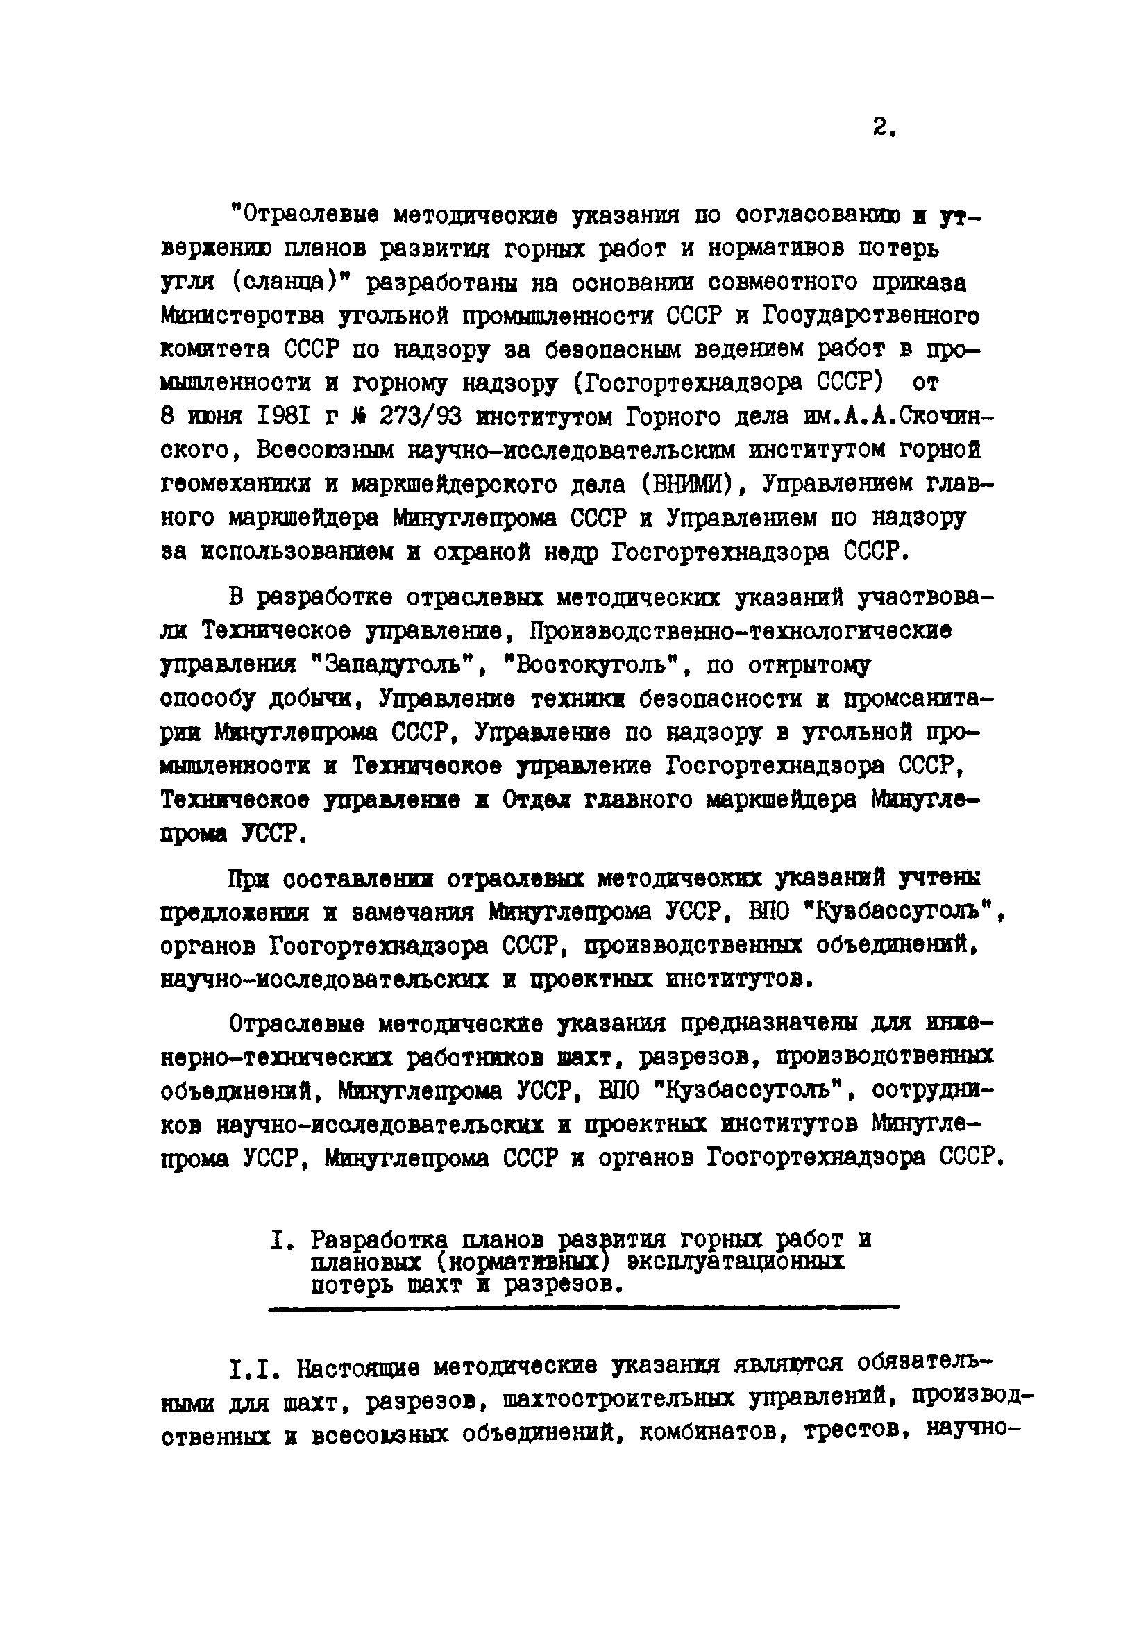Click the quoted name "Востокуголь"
(x=596, y=666)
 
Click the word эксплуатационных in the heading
(x=735, y=1262)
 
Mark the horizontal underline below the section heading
(x=582, y=1308)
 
